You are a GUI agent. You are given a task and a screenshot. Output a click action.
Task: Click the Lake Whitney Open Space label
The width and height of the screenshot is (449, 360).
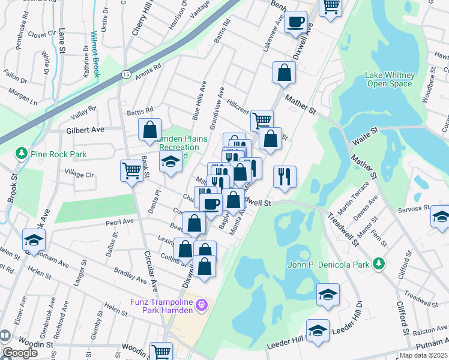tap(390, 79)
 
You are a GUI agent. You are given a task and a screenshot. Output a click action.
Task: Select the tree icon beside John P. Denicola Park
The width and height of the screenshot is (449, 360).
tap(378, 263)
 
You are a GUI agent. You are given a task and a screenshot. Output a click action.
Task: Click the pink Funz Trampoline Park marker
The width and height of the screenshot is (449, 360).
tap(203, 305)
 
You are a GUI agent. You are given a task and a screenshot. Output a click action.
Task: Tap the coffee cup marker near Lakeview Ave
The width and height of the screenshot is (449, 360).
tap(295, 23)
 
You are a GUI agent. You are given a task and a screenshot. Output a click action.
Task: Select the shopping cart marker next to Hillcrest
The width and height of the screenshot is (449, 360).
tap(262, 119)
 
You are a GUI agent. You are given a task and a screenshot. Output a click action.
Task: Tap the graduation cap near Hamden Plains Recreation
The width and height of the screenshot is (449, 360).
tap(170, 161)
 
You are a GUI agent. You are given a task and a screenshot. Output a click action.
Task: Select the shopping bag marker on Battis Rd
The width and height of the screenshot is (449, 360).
tap(149, 128)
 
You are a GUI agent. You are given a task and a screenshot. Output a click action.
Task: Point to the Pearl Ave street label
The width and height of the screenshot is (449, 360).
tap(119, 221)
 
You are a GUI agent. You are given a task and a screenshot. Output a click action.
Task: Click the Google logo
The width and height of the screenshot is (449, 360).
tap(20, 353)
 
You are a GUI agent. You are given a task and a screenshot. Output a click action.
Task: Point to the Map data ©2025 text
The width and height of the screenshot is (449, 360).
tap(422, 355)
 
